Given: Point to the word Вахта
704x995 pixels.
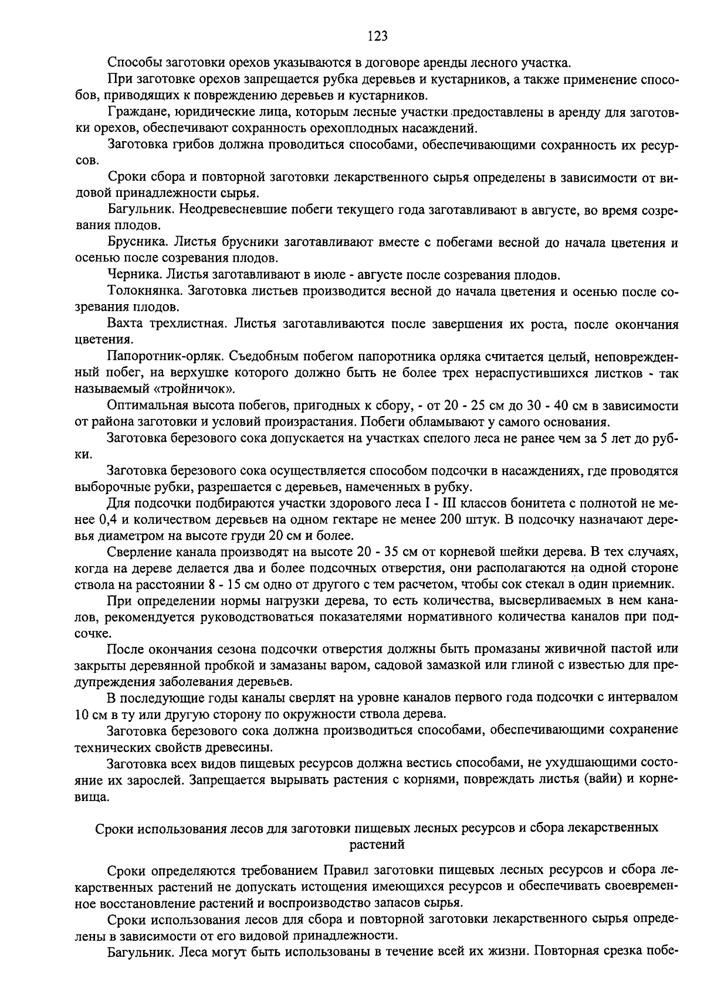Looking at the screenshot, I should (124, 324).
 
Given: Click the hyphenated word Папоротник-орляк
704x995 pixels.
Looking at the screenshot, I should (165, 356).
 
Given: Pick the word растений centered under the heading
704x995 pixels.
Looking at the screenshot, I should (377, 844).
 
